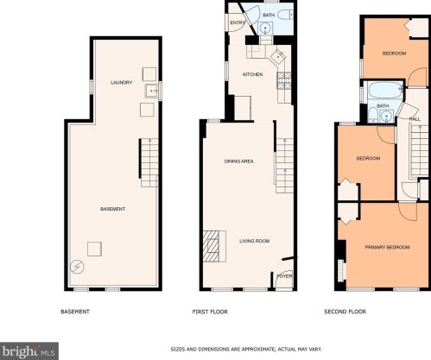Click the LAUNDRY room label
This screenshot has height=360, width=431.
[122, 83]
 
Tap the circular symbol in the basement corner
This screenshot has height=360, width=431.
[77, 267]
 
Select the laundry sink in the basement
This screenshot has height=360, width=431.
[151, 91]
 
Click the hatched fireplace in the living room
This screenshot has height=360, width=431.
[212, 246]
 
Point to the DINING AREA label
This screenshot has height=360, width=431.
[239, 161]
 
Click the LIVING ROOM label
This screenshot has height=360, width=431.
[255, 241]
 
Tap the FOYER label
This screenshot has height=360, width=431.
[284, 276]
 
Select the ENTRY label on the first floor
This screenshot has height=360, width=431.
[238, 22]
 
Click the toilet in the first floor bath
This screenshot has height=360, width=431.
[285, 15]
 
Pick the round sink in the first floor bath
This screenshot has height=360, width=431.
[264, 28]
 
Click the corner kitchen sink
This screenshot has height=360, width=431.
[278, 57]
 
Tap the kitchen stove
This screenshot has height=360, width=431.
[284, 80]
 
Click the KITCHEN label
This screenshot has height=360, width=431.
[253, 74]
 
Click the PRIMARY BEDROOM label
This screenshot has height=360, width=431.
[387, 247]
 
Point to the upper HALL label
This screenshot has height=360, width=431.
[415, 119]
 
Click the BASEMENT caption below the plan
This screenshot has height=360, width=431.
[75, 312]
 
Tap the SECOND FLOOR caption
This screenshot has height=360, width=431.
[345, 312]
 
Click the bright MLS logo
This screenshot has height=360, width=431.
[29, 351]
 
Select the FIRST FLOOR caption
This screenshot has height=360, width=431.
[210, 312]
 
